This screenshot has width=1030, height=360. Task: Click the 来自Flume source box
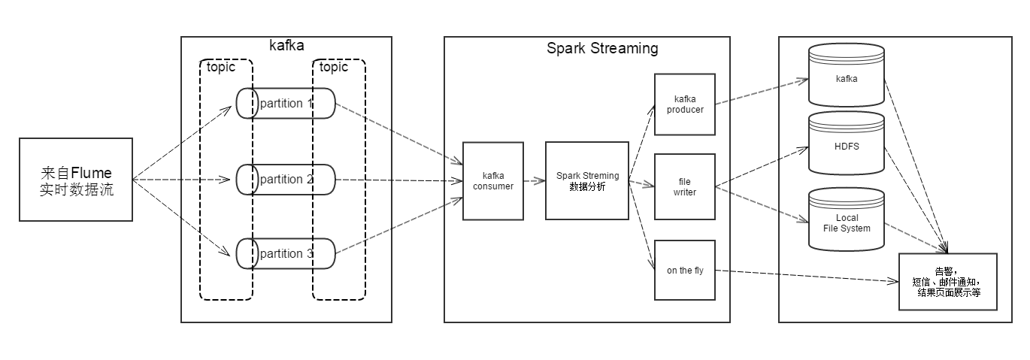75,180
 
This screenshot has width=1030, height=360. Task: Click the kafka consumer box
492,181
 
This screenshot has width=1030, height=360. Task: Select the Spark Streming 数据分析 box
586,181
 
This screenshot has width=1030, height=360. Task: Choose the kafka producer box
684,104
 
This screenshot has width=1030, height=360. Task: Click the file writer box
684,186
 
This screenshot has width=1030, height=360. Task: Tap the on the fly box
684,271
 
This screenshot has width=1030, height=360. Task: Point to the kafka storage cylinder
846,77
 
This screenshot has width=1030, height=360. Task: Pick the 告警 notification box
947,282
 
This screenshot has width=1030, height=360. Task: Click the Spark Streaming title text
601,49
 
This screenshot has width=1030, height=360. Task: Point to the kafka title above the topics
286,45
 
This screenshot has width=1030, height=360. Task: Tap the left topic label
221,67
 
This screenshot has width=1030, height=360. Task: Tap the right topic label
334,67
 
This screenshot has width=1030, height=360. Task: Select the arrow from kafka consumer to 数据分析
534,181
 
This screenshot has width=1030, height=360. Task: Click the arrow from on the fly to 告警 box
804,276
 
